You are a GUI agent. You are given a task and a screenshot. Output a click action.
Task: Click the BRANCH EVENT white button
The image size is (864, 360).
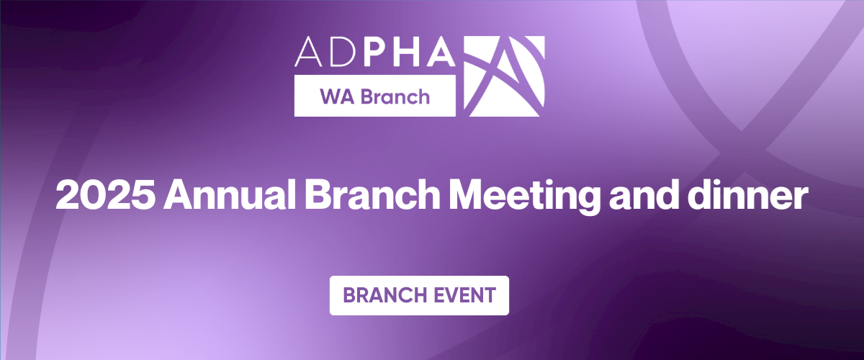(x=419, y=295)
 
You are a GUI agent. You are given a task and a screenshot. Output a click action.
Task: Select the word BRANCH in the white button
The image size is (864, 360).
(x=383, y=295)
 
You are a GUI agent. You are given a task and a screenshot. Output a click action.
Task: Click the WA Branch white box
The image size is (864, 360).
(x=374, y=96)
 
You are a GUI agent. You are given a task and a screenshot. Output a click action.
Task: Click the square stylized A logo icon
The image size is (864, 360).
(x=506, y=76)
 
